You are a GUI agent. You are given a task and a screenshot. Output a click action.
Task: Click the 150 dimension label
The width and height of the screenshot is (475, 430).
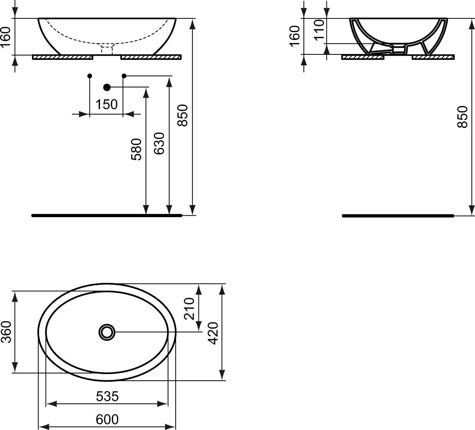pos(106,104)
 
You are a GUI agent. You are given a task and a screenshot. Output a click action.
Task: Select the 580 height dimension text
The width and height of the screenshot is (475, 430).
pos(136,149)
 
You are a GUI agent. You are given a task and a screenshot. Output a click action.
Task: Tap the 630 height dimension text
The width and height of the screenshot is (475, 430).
pos(159,143)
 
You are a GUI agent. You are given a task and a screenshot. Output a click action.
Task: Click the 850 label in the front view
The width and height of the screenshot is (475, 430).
pos(183,115)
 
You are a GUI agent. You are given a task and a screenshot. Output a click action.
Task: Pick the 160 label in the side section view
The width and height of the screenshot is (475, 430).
pos(295,36)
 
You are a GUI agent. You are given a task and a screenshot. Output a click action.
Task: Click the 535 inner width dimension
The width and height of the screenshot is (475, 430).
pos(107,396)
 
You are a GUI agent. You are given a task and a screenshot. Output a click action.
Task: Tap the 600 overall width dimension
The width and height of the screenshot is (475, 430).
pos(107,419)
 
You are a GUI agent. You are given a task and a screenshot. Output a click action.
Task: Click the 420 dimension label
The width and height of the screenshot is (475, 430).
pos(213,333)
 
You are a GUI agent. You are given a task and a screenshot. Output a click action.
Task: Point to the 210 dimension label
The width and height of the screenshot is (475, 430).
pos(189,309)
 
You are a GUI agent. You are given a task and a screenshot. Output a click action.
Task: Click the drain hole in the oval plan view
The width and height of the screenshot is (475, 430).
pos(106,332)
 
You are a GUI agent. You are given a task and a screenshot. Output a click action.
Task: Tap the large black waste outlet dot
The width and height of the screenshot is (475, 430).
pos(107,87)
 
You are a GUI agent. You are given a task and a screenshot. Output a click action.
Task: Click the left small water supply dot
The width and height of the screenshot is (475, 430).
pos(90,76)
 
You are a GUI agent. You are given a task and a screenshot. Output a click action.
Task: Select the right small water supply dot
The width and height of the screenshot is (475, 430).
pos(124,76)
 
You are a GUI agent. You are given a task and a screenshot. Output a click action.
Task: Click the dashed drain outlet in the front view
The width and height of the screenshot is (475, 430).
pos(106,50)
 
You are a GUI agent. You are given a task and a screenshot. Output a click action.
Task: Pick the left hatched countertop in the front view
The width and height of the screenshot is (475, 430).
pos(63,58)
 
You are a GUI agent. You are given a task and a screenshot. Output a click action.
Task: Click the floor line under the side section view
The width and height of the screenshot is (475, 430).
pos(398,216)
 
